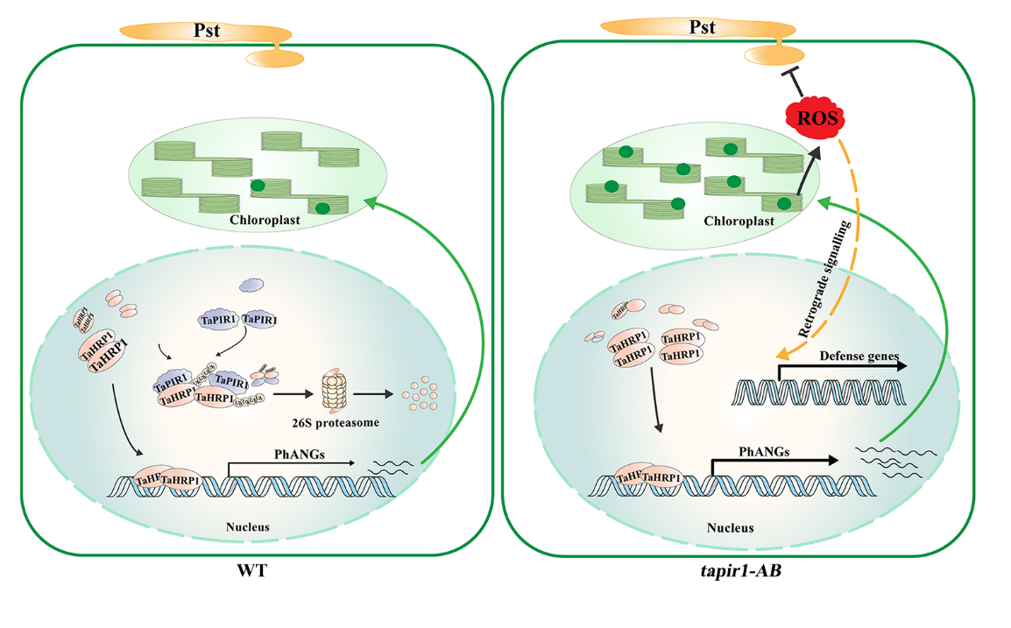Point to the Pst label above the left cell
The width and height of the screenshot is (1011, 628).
pyautogui.click(x=207, y=32)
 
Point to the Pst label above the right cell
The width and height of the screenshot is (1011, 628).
pyautogui.click(x=702, y=28)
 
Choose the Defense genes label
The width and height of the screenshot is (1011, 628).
pyautogui.click(x=854, y=356)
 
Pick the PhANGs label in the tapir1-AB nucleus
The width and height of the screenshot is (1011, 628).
pyautogui.click(x=765, y=452)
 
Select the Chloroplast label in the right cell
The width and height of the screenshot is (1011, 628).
pyautogui.click(x=739, y=222)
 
